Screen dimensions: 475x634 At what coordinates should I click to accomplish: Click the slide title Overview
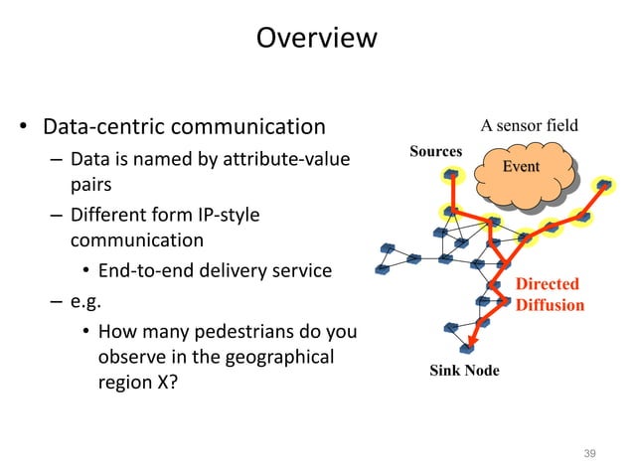316,39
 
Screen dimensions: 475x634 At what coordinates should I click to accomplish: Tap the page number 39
589,453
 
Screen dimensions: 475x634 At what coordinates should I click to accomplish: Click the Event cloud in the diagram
521,166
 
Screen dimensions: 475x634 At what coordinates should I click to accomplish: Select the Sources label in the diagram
435,151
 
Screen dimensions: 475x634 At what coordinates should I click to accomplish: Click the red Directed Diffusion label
549,294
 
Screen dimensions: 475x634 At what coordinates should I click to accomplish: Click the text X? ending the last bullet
165,382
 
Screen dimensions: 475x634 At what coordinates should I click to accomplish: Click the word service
300,270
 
